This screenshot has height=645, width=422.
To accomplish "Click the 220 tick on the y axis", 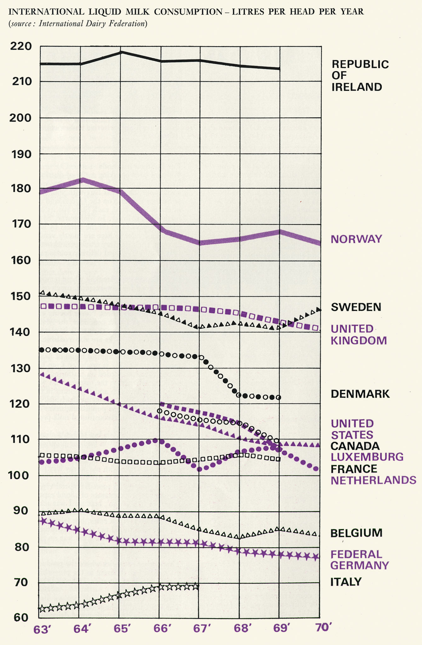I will (x=21, y=47).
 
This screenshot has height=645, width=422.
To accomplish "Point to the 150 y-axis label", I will (x=21, y=296).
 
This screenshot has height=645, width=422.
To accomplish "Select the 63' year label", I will (x=43, y=629).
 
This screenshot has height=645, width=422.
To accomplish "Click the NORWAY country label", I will (x=356, y=239).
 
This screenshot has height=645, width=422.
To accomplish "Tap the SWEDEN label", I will (x=356, y=307).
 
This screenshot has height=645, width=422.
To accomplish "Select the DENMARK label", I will (x=360, y=394).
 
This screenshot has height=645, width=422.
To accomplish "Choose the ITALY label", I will (x=346, y=582).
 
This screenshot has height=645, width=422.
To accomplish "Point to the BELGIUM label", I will (x=356, y=533).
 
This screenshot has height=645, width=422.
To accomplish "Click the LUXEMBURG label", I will (x=367, y=457).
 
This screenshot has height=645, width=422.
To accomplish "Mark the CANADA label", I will (x=355, y=446).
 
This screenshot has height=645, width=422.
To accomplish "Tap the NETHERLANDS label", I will (x=373, y=480).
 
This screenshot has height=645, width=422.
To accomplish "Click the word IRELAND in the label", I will (x=356, y=87).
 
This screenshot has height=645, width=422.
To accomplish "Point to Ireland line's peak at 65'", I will (x=121, y=52).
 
